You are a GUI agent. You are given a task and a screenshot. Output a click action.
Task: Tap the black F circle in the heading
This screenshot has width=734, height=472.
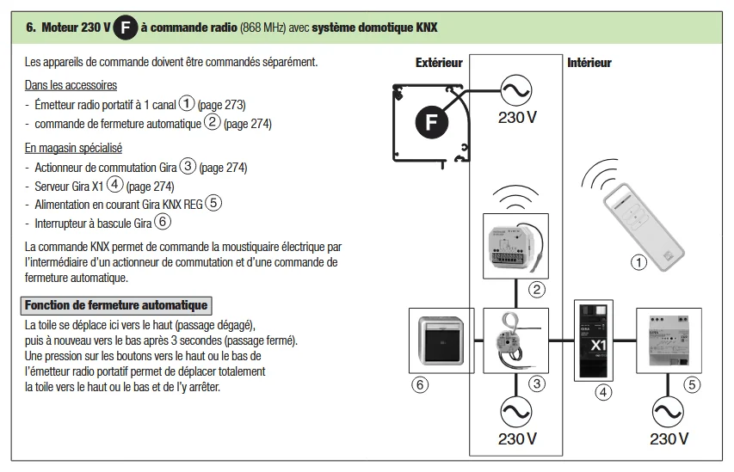(126, 28)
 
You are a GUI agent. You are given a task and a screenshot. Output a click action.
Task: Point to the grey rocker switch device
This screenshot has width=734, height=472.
(441, 340)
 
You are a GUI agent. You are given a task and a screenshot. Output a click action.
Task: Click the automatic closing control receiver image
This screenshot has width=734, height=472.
(515, 245)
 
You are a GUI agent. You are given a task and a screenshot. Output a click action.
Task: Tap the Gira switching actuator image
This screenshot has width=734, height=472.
(515, 340)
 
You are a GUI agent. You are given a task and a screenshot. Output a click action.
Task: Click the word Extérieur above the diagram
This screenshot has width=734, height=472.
(439, 63)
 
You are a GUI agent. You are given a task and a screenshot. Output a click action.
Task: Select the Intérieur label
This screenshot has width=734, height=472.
(589, 63)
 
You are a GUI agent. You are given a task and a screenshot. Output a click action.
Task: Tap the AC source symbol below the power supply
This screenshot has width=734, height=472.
(669, 412)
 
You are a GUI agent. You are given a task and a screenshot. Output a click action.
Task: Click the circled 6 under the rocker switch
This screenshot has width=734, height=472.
(420, 385)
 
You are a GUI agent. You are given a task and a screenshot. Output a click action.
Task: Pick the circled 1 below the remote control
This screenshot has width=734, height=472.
(638, 263)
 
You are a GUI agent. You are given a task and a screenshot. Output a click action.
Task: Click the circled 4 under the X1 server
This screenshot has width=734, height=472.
(604, 393)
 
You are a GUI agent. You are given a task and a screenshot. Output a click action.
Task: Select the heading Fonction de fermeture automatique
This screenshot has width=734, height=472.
(115, 305)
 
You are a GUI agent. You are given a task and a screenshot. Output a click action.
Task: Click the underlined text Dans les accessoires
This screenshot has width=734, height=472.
(71, 85)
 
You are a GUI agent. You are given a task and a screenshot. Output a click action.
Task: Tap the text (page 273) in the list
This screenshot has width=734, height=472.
(222, 105)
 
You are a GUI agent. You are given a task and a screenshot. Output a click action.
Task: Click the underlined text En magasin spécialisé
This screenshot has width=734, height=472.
(74, 148)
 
